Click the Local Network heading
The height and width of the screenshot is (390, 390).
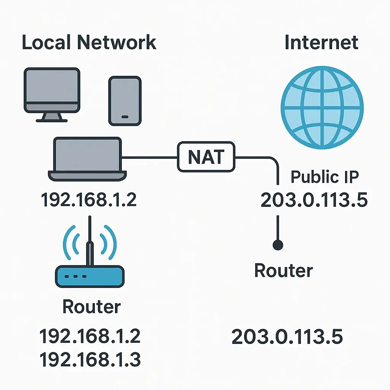pyautogui.click(x=89, y=42)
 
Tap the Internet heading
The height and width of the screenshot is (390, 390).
pyautogui.click(x=321, y=42)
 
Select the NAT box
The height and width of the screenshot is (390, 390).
pyautogui.click(x=206, y=157)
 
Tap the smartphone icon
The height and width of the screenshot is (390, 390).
pyautogui.click(x=125, y=101)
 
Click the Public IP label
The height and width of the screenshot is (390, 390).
pyautogui.click(x=325, y=177)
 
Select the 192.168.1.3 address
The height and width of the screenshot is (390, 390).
pyautogui.click(x=90, y=359)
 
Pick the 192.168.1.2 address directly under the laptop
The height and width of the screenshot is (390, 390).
pyautogui.click(x=89, y=200)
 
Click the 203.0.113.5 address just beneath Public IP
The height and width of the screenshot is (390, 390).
pyautogui.click(x=314, y=200)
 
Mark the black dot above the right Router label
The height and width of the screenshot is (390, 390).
pyautogui.click(x=278, y=245)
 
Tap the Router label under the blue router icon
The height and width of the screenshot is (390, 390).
pyautogui.click(x=91, y=306)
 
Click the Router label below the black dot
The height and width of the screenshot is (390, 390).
pyautogui.click(x=283, y=270)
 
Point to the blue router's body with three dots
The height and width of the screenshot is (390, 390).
pyautogui.click(x=90, y=277)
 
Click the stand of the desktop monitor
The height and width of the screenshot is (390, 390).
pyautogui.click(x=51, y=117)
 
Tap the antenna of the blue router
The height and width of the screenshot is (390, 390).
pyautogui.click(x=90, y=244)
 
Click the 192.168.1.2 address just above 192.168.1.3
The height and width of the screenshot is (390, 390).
pyautogui.click(x=90, y=336)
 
